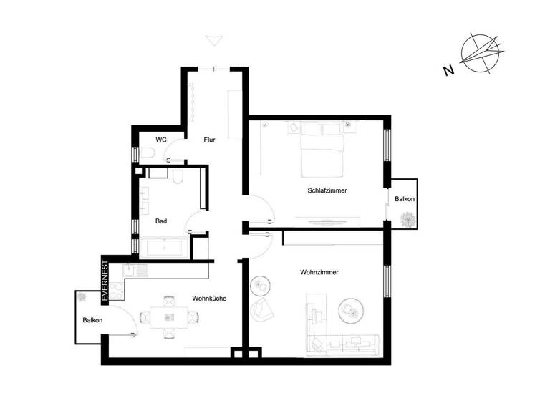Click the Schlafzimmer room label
(x=327, y=191)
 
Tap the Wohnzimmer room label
(x=319, y=273)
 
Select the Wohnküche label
(x=209, y=298)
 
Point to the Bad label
(x=161, y=221)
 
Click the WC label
(x=161, y=140)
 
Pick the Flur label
(x=209, y=140)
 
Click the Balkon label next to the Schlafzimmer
(x=405, y=198)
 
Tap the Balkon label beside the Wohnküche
(x=92, y=321)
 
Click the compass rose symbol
(x=479, y=54)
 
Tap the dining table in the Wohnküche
(x=169, y=316)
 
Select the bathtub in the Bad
(x=163, y=248)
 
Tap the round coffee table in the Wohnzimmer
(x=350, y=309)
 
